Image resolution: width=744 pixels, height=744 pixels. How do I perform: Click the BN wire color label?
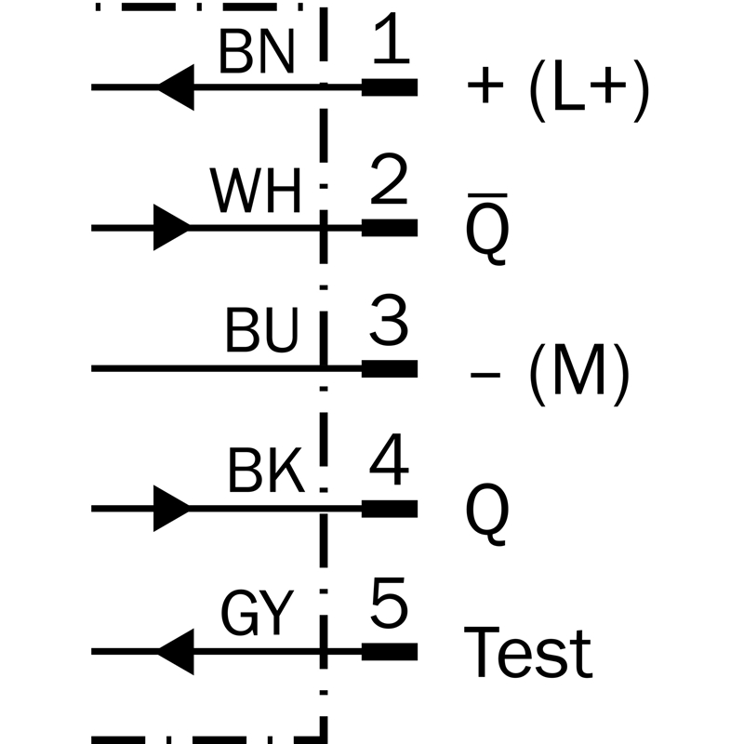coord(257,51)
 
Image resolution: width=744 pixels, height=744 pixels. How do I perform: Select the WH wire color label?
coord(255,191)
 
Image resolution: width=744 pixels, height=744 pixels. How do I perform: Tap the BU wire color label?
coord(262,330)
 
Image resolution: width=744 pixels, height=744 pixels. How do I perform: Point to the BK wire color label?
coord(266,471)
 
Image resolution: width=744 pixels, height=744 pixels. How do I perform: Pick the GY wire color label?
coord(258,612)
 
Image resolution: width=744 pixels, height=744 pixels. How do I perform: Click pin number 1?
coord(391,38)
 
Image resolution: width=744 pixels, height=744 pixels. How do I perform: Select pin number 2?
coord(389,179)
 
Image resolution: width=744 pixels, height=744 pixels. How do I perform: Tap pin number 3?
coord(389,319)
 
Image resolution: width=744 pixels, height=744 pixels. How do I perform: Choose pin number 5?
coord(389,603)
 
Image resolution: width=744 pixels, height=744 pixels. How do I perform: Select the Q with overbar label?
coord(487,229)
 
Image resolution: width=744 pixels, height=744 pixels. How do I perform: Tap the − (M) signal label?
coord(550,374)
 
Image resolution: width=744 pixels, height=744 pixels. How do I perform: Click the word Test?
coord(528,653)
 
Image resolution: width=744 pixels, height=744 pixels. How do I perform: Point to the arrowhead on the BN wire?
coord(176,87)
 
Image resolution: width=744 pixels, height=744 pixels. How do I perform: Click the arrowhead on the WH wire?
coord(172,228)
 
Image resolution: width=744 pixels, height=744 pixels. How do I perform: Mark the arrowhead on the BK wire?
coord(172,509)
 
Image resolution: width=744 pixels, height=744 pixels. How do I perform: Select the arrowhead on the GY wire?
coord(176,652)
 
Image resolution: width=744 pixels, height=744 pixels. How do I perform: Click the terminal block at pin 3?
coord(390,368)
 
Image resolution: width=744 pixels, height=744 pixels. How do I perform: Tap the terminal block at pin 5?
coord(390,652)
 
